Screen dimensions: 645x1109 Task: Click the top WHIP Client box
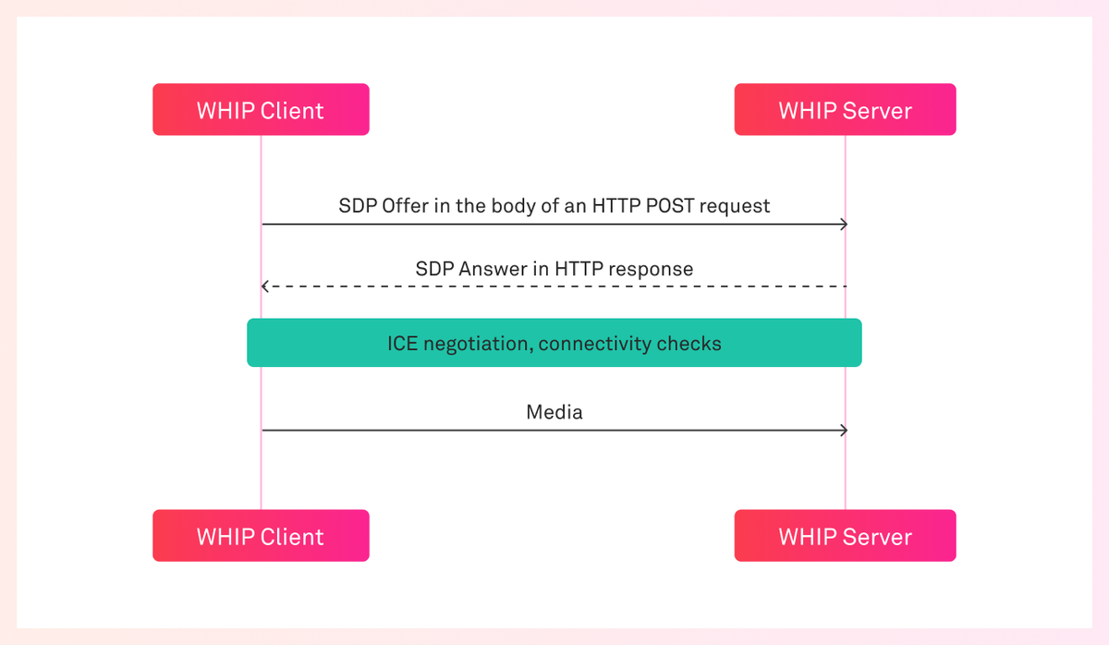[x=261, y=110]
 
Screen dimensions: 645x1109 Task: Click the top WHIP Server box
[x=845, y=110]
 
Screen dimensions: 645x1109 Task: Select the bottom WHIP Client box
[x=261, y=536]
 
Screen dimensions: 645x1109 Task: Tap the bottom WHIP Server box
[x=845, y=536]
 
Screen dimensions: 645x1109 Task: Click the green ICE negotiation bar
[x=554, y=343]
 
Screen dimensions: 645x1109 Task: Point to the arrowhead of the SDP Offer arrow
[x=844, y=225]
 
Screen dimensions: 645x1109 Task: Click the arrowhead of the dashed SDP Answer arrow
[x=265, y=286]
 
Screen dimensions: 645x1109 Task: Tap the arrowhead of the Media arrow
[x=844, y=430]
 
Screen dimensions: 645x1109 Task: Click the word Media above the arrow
[x=554, y=412]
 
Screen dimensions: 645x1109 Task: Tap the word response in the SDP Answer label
[x=651, y=269]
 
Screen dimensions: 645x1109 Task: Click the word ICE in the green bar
[x=402, y=344]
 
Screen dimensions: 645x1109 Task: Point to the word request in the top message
[x=735, y=206]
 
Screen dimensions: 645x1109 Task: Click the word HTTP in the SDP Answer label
[x=579, y=269]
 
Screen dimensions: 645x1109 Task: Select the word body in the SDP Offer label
[x=512, y=206]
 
